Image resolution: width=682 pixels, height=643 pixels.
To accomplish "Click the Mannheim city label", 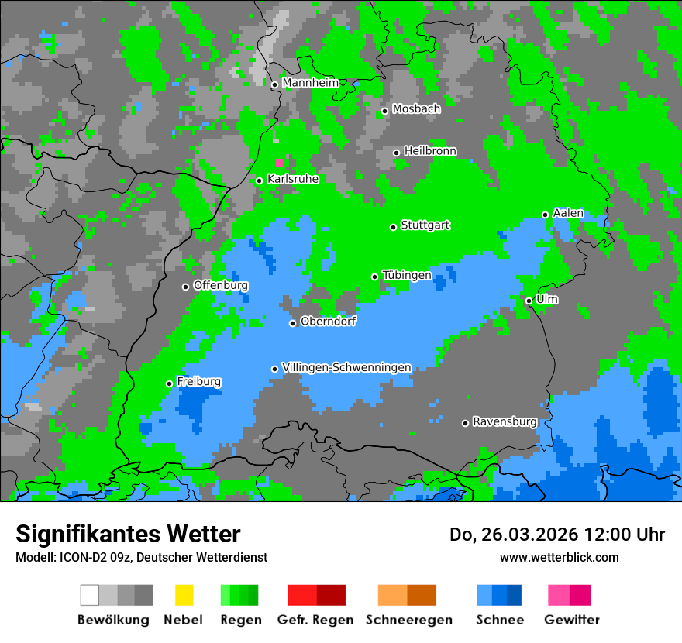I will pyautogui.click(x=310, y=83).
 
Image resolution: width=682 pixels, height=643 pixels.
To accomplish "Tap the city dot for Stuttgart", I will pyautogui.click(x=394, y=227).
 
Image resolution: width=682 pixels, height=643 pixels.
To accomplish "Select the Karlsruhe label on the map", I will pyautogui.click(x=292, y=179).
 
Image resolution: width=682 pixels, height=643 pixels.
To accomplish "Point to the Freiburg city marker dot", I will pyautogui.click(x=169, y=383).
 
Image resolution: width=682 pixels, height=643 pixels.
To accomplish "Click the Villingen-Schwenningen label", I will pyautogui.click(x=346, y=367).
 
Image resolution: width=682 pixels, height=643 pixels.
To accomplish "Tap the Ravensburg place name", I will pyautogui.click(x=505, y=421).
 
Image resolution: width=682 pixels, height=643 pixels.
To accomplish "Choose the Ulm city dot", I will pyautogui.click(x=529, y=301).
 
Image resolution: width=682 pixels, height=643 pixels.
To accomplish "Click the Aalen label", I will pyautogui.click(x=568, y=213).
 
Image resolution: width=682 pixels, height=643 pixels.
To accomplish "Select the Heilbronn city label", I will pyautogui.click(x=430, y=151).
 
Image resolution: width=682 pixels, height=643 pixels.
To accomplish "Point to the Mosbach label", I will pyautogui.click(x=416, y=109).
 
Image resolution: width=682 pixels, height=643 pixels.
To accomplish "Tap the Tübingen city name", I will pyautogui.click(x=407, y=275).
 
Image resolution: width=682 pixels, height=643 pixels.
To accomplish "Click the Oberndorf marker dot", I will pyautogui.click(x=292, y=323).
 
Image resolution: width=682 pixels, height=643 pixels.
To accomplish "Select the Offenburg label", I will pyautogui.click(x=220, y=285).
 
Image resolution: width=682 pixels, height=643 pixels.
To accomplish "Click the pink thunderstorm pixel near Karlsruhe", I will pyautogui.click(x=280, y=163).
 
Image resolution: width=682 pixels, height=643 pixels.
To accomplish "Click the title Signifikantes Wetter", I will pyautogui.click(x=128, y=534).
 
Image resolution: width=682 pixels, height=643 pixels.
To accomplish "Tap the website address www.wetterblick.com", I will pyautogui.click(x=559, y=557).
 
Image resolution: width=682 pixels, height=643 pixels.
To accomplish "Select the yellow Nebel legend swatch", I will pyautogui.click(x=184, y=595).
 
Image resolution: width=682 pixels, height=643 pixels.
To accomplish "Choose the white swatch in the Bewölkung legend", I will pyautogui.click(x=90, y=595).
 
